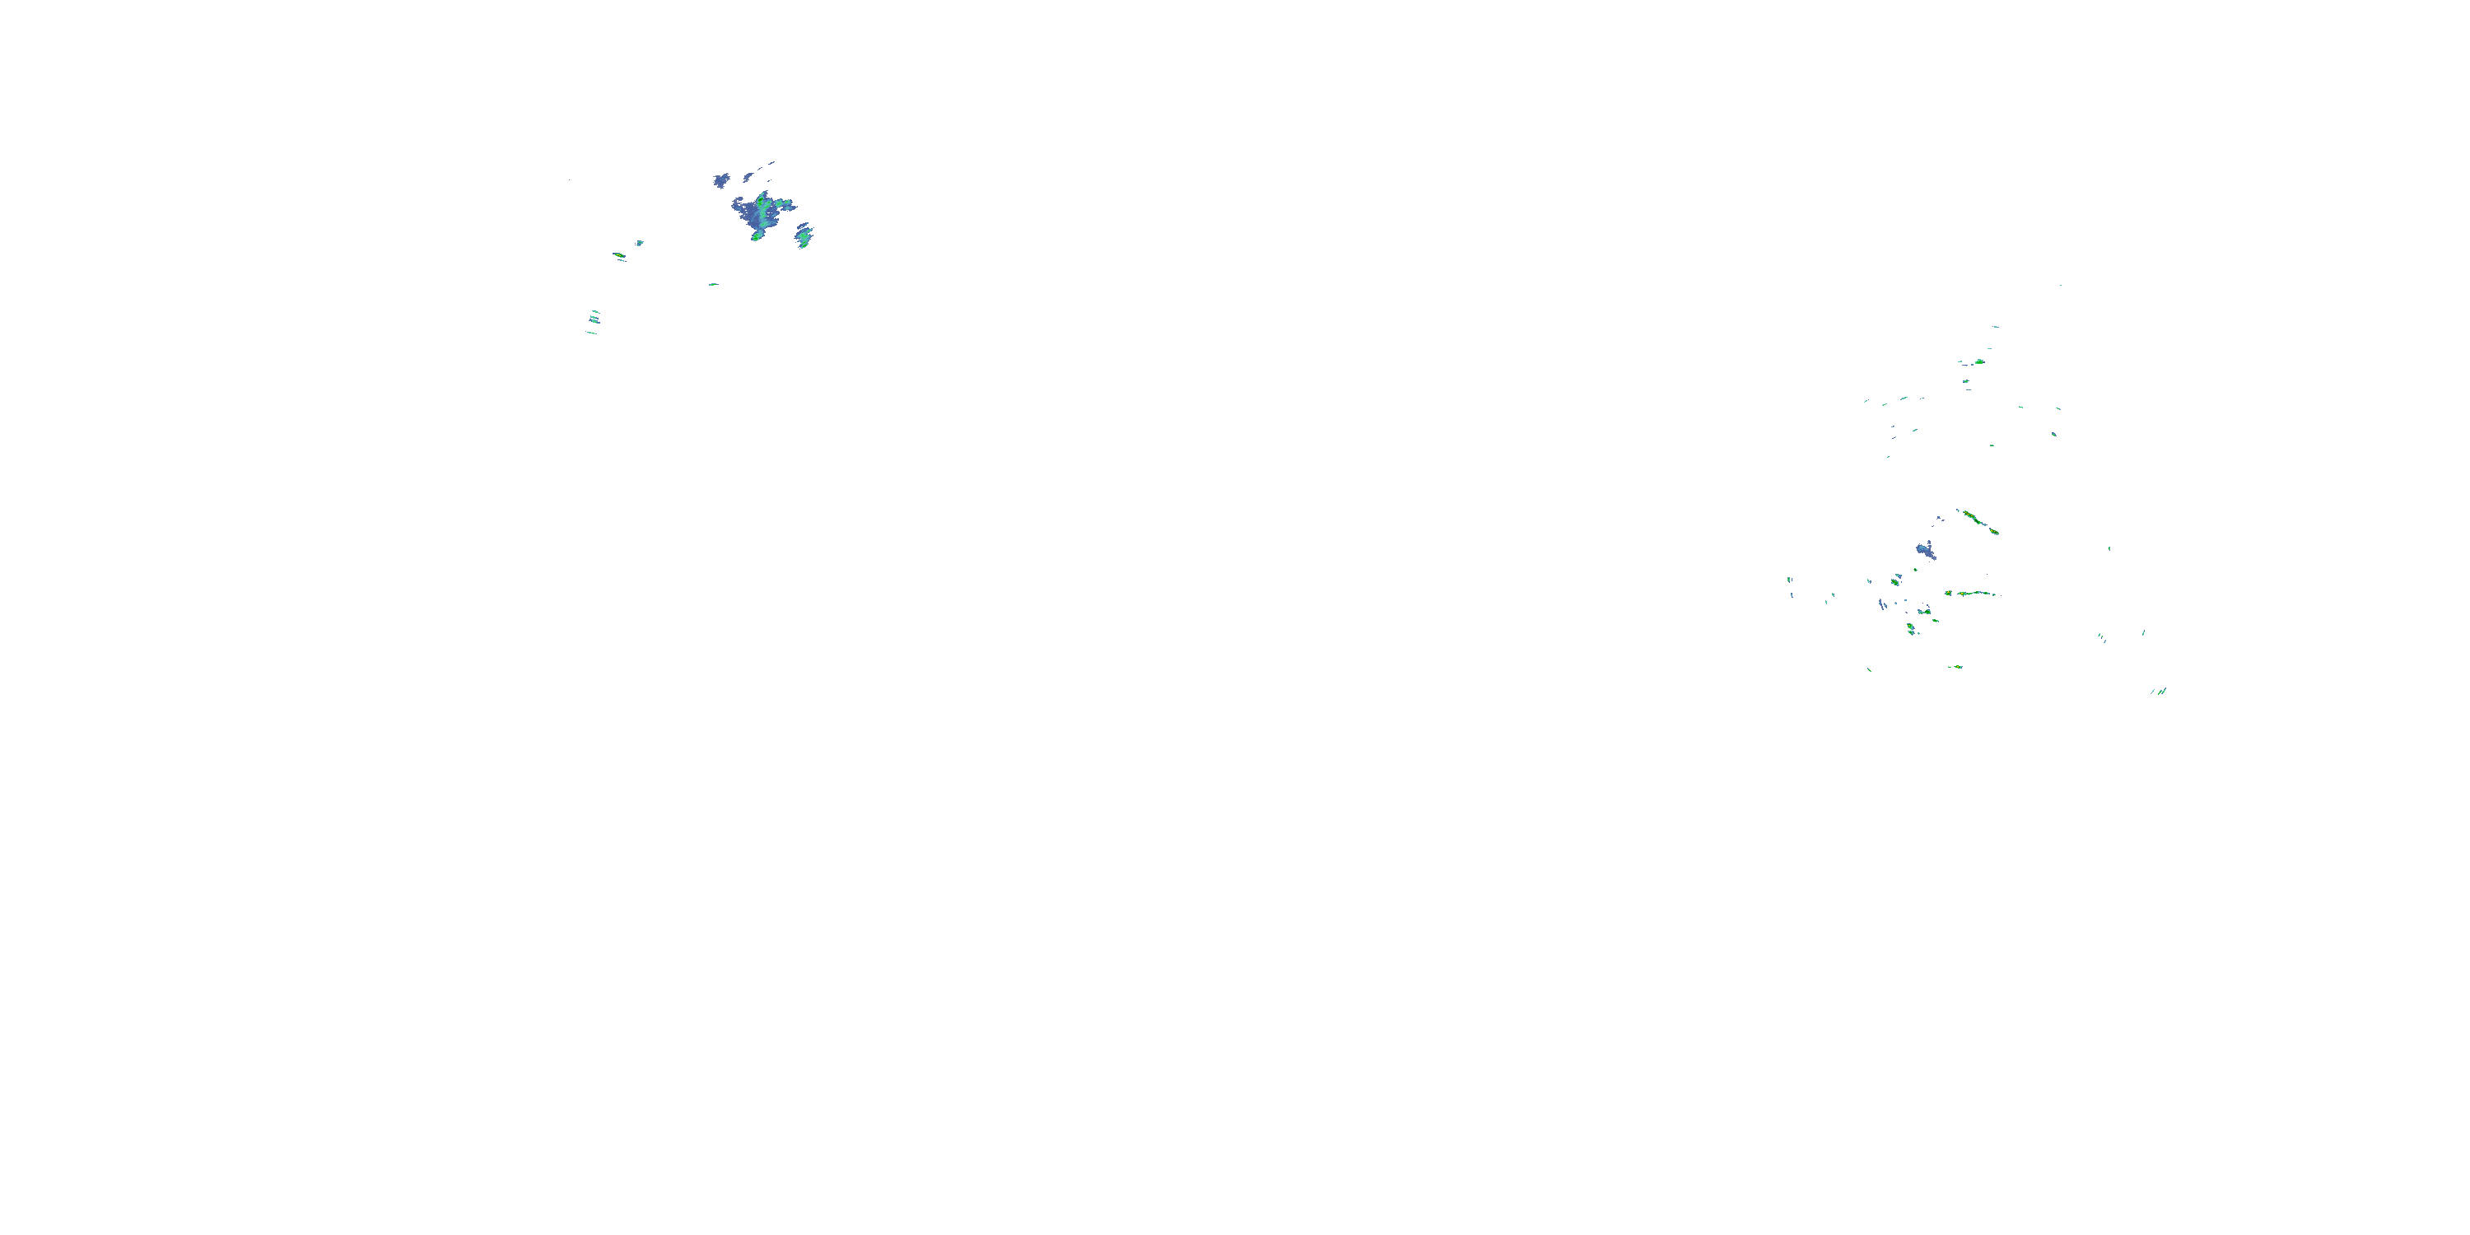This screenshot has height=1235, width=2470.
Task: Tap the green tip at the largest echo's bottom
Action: click(756, 235)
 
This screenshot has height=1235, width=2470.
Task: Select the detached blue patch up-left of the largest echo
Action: click(720, 180)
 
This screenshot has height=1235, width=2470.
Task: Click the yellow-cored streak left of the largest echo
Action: click(619, 256)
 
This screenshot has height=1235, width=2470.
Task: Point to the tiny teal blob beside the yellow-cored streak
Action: click(640, 244)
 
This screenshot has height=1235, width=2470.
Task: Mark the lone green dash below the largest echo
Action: click(712, 285)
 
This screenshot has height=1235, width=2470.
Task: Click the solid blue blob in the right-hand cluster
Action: click(1926, 550)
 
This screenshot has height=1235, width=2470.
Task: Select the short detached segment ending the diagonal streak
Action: click(1994, 531)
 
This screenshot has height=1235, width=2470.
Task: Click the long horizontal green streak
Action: click(1975, 594)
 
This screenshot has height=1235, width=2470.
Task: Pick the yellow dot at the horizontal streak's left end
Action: click(1948, 594)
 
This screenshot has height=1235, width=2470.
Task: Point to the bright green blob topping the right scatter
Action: click(1978, 361)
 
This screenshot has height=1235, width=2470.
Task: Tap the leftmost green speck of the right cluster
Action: click(1789, 580)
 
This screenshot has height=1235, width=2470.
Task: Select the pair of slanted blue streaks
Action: click(1882, 604)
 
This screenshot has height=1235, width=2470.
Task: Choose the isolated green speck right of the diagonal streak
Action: click(2109, 548)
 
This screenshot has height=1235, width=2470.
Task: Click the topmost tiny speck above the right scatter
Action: click(2060, 285)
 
